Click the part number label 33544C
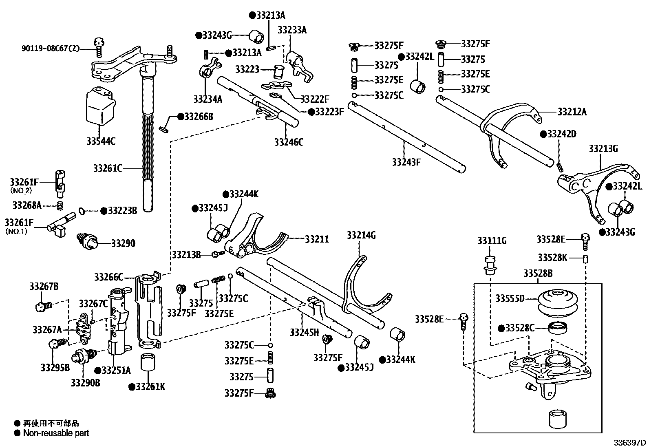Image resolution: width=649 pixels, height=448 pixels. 101,141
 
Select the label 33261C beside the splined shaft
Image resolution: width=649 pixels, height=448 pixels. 108,168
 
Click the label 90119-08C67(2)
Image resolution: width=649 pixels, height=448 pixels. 51,49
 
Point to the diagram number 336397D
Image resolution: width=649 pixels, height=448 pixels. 631,442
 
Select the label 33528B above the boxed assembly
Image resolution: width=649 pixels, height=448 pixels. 538,273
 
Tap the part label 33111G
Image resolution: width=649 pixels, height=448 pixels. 492,241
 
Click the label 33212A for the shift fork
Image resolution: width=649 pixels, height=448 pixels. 572,112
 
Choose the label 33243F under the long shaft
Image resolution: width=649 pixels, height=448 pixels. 406,162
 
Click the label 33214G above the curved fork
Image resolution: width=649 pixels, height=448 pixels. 361,235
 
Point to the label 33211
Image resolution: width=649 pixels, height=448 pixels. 317,239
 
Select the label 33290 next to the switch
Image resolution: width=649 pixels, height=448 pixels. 123,243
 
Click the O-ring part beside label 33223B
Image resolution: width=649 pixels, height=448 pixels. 81,211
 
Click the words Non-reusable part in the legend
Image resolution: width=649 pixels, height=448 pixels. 56,433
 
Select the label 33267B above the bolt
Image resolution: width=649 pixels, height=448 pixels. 44,287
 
